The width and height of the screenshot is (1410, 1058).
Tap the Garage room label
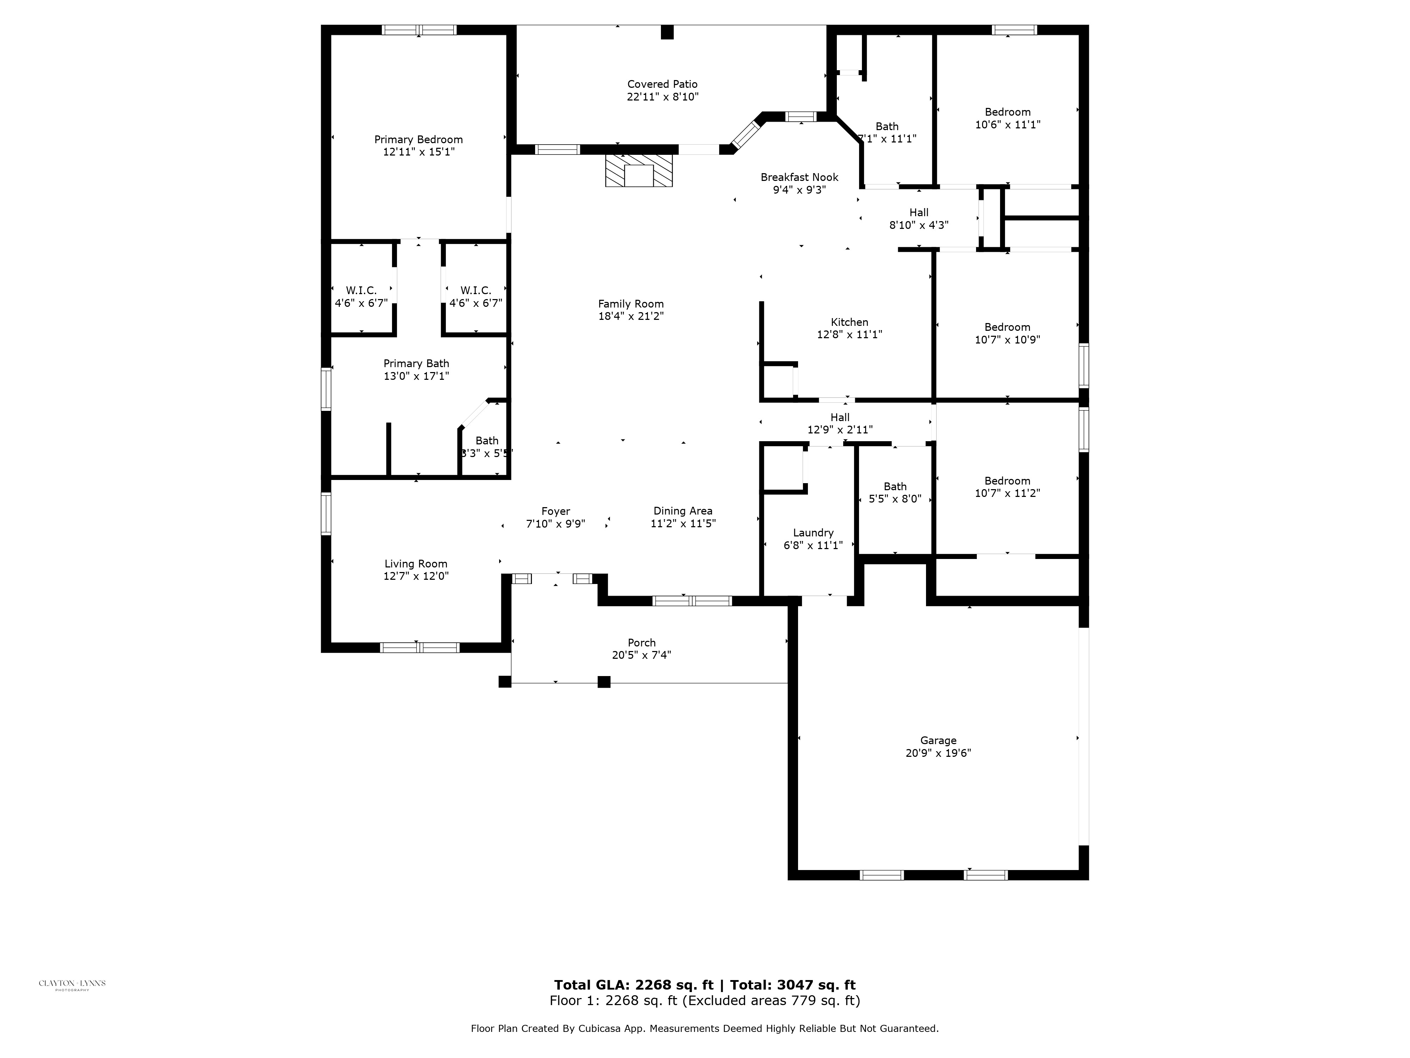pyautogui.click(x=938, y=740)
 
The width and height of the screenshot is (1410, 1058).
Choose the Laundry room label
pyautogui.click(x=813, y=533)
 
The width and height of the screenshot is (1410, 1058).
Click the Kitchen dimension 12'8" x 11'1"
pyautogui.click(x=849, y=334)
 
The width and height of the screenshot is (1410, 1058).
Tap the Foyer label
pyautogui.click(x=555, y=511)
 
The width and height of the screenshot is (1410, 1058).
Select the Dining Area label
pyautogui.click(x=683, y=511)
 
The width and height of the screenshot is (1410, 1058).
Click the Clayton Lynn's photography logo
pyautogui.click(x=72, y=984)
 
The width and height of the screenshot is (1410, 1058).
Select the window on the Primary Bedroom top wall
pyautogui.click(x=419, y=29)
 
